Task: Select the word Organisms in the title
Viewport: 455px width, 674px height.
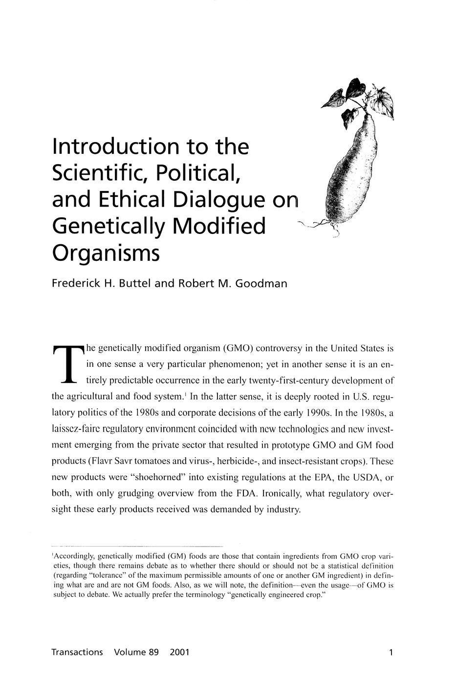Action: coord(106,254)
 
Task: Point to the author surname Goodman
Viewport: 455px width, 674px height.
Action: coord(261,283)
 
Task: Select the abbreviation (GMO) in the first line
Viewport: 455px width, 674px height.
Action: coord(238,349)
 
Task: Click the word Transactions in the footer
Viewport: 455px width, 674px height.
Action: coord(77,652)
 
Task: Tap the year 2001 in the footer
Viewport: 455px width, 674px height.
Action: coord(179,652)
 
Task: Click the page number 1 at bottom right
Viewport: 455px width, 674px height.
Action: coord(391,652)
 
